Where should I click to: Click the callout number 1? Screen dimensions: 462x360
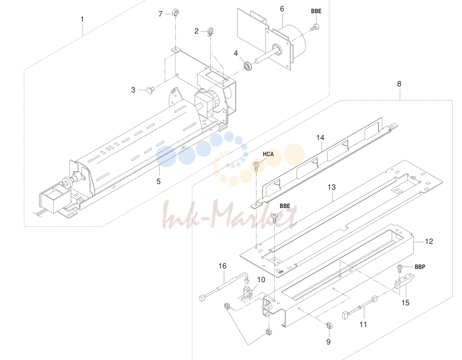click(x=82, y=19)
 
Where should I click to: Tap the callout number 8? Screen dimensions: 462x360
click(x=399, y=84)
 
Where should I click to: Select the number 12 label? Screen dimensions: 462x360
click(x=429, y=242)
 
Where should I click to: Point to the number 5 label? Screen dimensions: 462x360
click(x=158, y=182)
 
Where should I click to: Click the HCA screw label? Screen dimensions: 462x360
click(x=268, y=154)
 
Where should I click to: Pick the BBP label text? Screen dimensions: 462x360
click(x=420, y=267)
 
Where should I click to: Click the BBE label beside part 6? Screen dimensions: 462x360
click(x=316, y=11)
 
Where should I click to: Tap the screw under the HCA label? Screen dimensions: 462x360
click(x=256, y=166)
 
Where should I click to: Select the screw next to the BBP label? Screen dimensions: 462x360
click(x=400, y=269)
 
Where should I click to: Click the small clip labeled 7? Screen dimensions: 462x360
click(x=175, y=13)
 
